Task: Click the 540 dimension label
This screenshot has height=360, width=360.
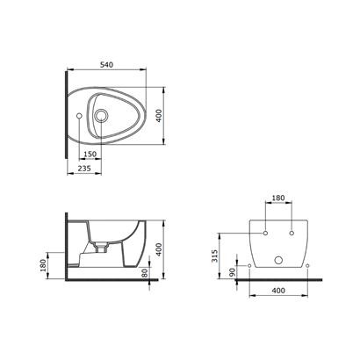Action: click(106, 65)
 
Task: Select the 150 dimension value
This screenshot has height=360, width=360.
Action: click(90, 154)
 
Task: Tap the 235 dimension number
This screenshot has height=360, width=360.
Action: click(84, 169)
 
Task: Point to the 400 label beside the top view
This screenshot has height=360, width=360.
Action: click(158, 116)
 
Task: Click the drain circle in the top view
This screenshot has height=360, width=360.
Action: click(101, 116)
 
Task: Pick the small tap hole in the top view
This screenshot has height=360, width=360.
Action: click(79, 116)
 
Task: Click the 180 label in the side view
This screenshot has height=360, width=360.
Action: click(43, 265)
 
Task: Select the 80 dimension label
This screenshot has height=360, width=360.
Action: click(144, 273)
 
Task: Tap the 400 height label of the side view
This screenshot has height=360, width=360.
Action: click(158, 249)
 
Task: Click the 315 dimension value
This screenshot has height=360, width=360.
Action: click(215, 256)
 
